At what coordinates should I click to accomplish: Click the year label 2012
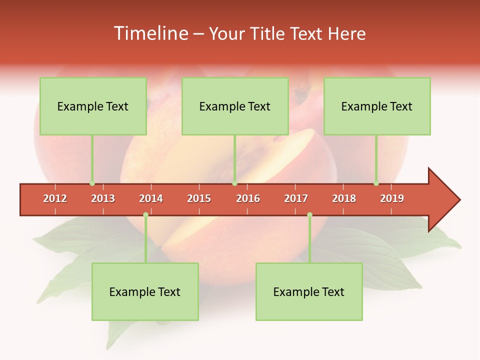point(55,198)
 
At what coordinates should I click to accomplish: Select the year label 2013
point(103,198)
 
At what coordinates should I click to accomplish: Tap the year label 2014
point(151,198)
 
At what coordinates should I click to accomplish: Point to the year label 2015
point(199,198)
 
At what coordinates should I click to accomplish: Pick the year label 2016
point(248,198)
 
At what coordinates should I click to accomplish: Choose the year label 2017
point(296,198)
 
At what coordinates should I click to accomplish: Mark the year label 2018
point(344,198)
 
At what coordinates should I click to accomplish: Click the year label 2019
point(392,198)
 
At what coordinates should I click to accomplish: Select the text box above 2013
point(93,106)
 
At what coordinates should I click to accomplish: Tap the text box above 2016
point(235,106)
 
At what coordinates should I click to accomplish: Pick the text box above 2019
point(377,106)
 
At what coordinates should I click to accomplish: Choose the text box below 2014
point(145,291)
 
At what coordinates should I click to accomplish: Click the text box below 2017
point(309,291)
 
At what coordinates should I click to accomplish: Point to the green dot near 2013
point(92,183)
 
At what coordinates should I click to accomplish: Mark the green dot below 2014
point(145,215)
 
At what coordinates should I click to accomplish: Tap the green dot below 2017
point(309,215)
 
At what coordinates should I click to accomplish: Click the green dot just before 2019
point(376,183)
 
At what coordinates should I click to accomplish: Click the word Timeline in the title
point(150,33)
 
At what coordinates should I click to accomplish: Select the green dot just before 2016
point(234,183)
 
